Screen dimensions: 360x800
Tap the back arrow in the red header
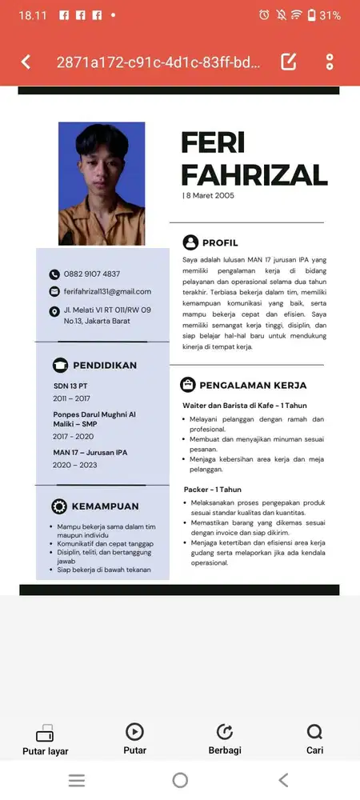coord(26,62)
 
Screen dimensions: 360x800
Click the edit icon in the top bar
coord(289,62)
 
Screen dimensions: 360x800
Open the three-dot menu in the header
coord(330,62)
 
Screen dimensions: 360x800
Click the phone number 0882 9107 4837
coord(92,274)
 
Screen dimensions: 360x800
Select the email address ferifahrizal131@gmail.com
coord(107,291)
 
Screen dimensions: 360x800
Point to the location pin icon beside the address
coord(54,310)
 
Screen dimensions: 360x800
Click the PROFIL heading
coord(220,242)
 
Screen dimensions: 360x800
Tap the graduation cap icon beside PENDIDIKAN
coord(59,365)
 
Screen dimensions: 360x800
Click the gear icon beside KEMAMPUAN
coord(59,506)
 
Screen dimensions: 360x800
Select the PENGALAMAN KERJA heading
coord(253,384)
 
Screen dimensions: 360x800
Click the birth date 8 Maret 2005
coord(210,195)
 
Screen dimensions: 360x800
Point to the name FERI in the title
coord(213,142)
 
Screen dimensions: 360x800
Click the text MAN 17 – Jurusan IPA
coord(90,453)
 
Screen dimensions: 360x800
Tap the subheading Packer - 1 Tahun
coord(213,489)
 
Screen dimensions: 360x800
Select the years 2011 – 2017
coord(72,398)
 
